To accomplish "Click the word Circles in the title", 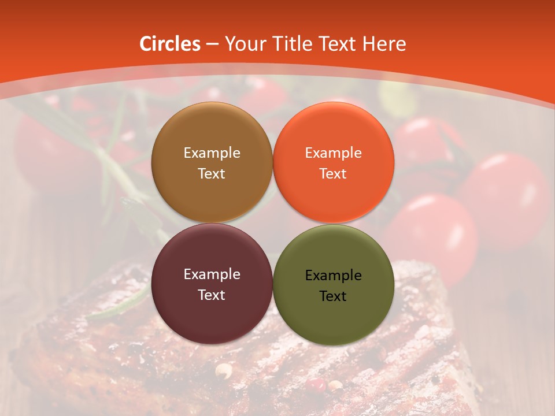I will pos(170,44).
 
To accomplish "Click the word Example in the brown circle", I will pos(212,153).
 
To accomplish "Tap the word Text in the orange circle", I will pos(333,174).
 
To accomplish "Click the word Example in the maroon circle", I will pos(212,274).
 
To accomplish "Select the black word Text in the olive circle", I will pos(333,296).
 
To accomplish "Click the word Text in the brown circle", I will pos(212,174).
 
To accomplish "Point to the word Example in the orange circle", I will pos(333,153).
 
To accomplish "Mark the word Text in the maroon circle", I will pos(212,295).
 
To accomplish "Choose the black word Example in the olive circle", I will pos(333,276).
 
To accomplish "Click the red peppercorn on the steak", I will pos(315,383).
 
